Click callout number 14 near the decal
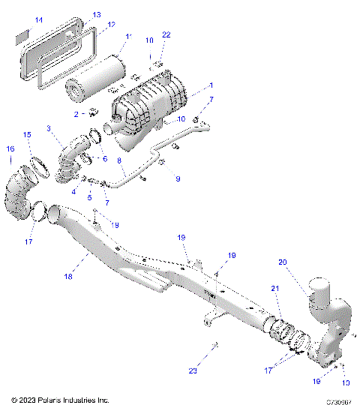click(19, 19)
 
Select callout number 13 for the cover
click(97, 14)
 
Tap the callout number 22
click(166, 35)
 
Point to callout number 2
click(76, 113)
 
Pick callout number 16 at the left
click(10, 148)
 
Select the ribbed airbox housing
click(150, 105)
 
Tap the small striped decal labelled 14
click(22, 34)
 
